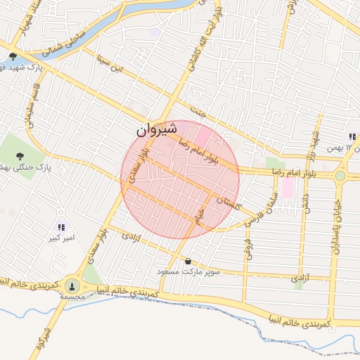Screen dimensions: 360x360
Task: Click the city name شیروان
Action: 154,130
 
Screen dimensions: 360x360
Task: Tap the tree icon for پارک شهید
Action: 13,56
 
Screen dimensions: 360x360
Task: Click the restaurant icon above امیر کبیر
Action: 60,226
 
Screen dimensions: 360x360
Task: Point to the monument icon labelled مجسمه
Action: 72,285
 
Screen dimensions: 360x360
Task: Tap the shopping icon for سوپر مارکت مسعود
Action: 188,262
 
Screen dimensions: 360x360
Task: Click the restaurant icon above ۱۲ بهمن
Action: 350,136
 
